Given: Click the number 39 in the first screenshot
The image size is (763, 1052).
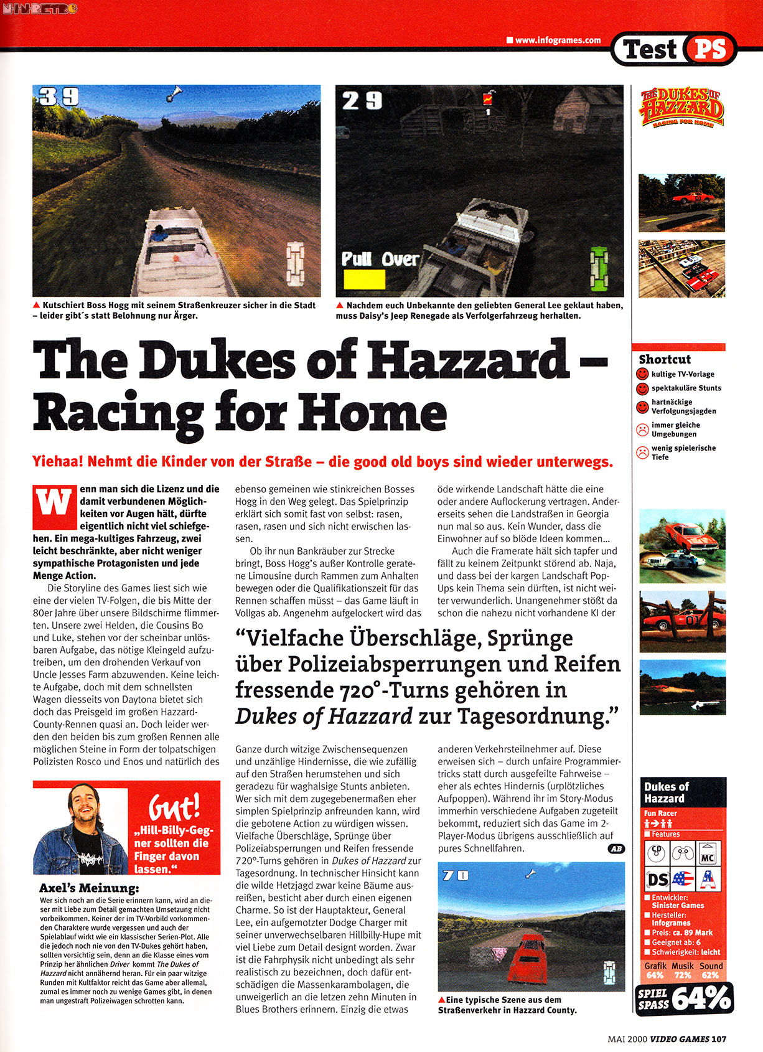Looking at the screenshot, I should click(x=59, y=96).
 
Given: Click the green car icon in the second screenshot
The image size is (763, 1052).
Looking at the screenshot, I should click(x=599, y=269).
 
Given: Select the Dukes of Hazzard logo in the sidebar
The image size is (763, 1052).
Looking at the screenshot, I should click(x=681, y=108).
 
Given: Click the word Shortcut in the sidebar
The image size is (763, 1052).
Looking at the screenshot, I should click(x=665, y=359).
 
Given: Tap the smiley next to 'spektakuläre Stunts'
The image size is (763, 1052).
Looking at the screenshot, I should click(x=642, y=388).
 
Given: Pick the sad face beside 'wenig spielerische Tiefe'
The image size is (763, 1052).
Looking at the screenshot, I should click(x=642, y=453).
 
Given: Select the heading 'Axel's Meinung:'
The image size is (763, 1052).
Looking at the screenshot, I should click(x=89, y=888).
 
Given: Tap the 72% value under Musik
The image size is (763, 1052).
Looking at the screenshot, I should click(x=682, y=975).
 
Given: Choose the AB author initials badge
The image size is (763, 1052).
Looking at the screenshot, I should click(x=616, y=848).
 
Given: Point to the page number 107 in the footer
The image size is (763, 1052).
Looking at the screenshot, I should click(x=719, y=1038).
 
